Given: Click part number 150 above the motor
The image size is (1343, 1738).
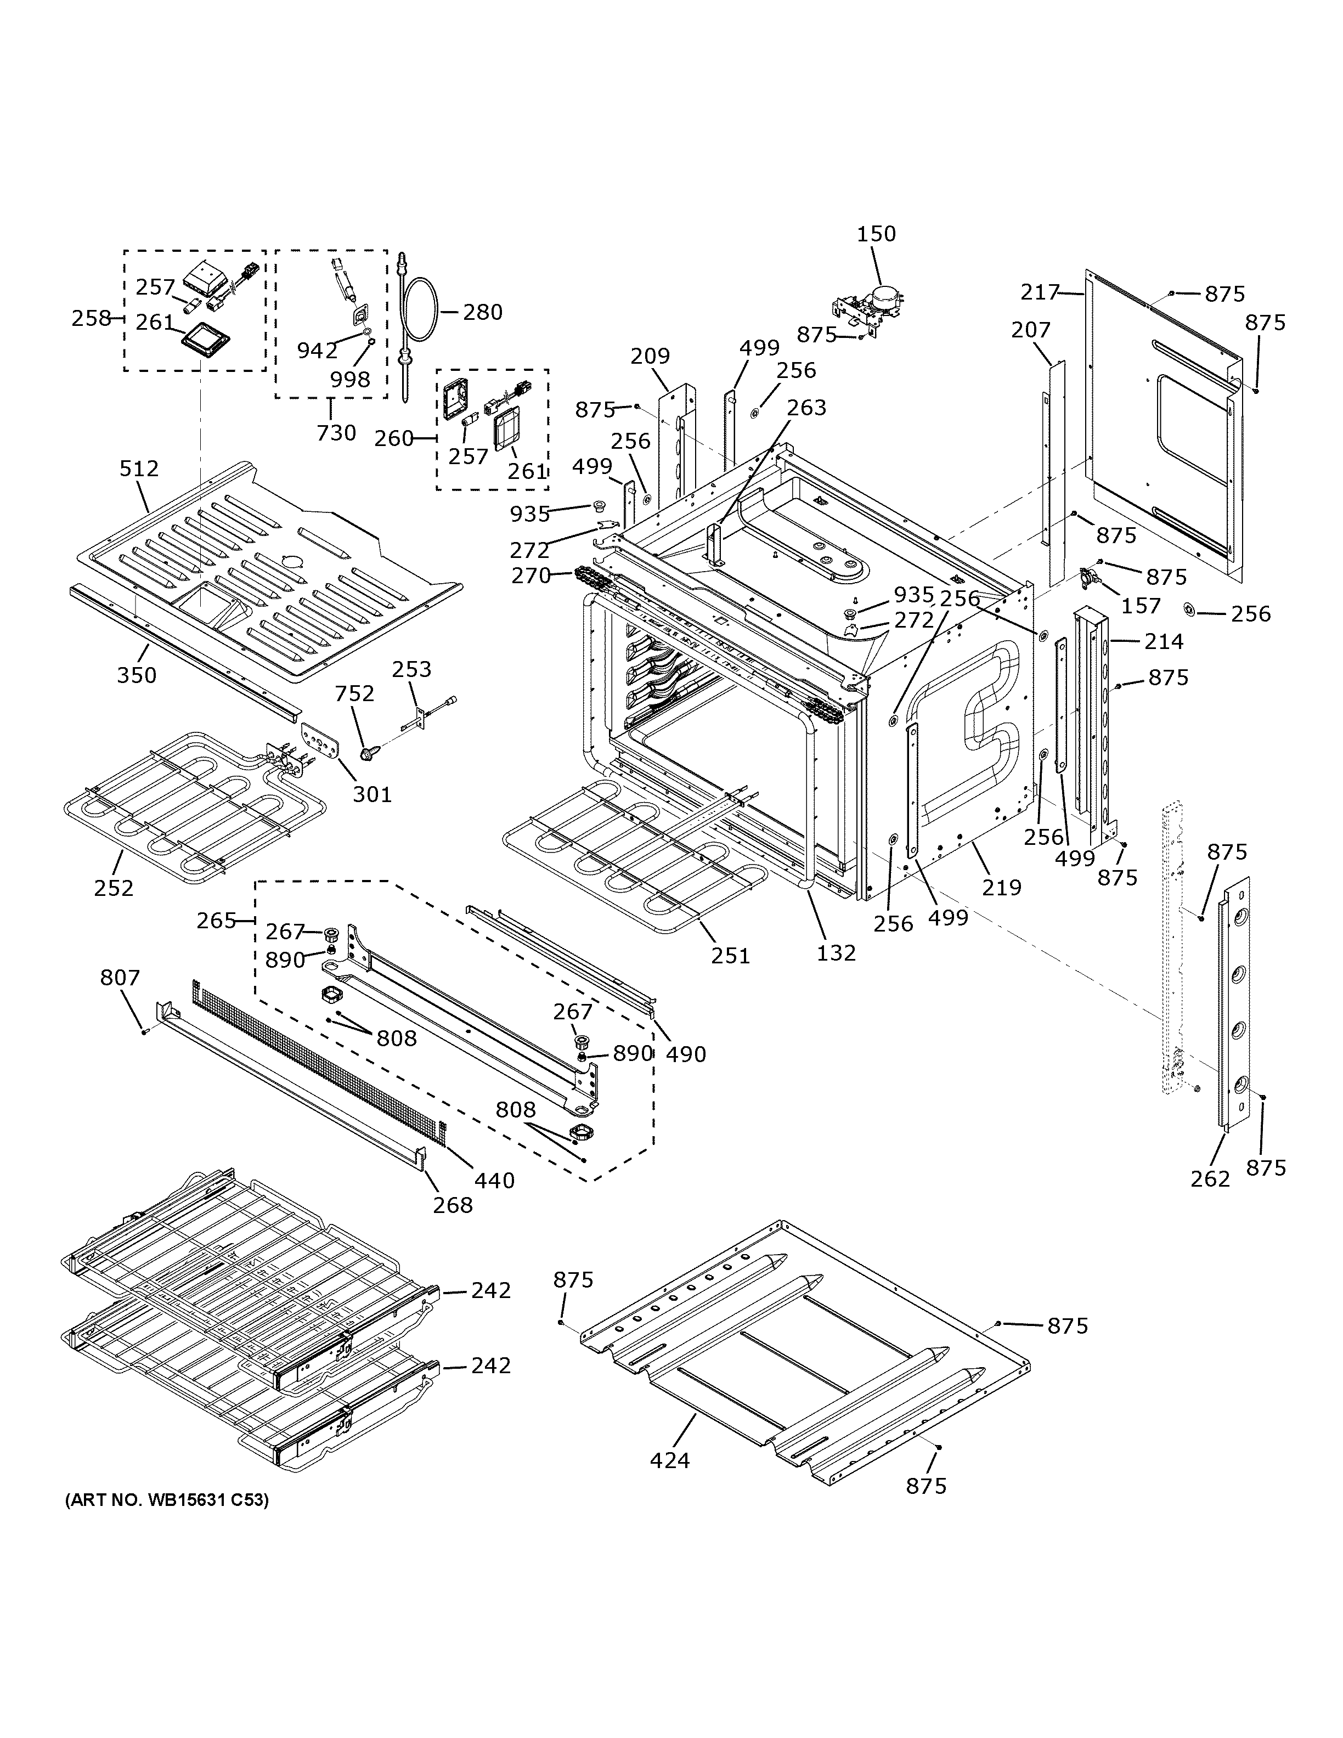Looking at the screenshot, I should point(876,234).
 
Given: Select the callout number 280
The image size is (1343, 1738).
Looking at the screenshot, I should point(483,312).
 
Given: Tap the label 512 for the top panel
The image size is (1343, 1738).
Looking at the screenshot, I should point(139,469).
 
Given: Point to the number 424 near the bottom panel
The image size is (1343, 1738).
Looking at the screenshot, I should point(670,1460).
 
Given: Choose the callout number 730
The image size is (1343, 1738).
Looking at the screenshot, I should point(336,433).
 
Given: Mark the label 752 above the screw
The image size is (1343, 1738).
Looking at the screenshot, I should point(354,694).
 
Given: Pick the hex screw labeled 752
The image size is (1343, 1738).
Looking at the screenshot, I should point(367,751).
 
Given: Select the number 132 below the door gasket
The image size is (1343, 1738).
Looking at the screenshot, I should point(836,952).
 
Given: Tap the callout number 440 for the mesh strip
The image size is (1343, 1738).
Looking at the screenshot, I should point(494,1180).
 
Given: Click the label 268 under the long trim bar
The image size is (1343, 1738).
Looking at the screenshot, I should point(453,1205).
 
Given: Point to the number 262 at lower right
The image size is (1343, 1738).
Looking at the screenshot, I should point(1210,1178).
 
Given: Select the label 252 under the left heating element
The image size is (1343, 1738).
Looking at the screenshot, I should point(114,887).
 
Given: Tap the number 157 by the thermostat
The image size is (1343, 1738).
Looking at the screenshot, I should point(1141,606).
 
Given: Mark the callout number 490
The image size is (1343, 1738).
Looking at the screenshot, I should point(685,1054).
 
